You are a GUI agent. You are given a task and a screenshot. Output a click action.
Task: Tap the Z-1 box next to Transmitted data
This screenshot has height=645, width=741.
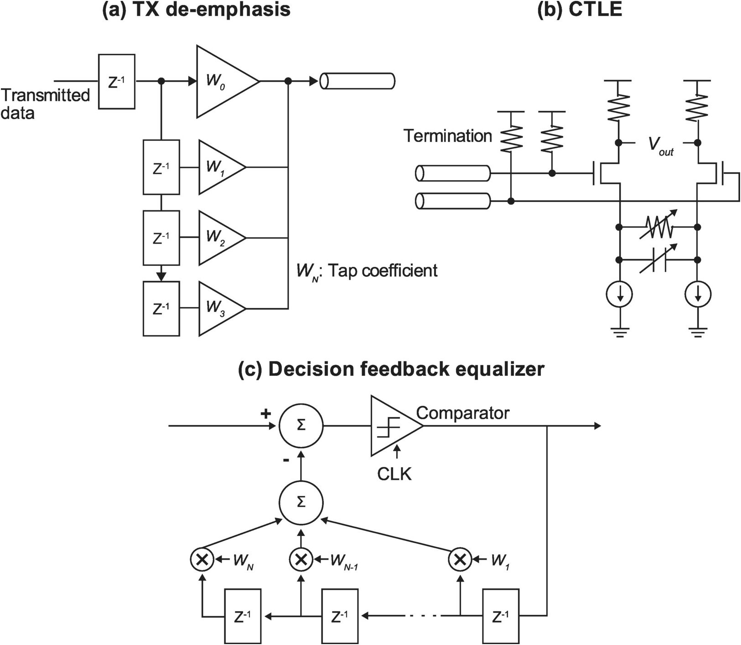(117, 82)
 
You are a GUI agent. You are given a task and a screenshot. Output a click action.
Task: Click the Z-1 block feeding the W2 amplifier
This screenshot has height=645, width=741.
(161, 238)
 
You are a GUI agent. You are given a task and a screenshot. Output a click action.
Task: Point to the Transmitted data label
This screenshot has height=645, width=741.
(44, 104)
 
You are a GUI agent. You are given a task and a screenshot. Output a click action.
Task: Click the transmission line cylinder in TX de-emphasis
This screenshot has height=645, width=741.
(357, 81)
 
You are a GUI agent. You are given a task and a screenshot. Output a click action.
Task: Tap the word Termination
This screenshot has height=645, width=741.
(447, 136)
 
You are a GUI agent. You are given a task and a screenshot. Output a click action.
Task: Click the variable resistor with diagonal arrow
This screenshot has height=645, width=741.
(658, 227)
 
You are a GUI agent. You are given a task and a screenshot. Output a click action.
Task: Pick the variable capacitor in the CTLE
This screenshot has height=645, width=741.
(658, 260)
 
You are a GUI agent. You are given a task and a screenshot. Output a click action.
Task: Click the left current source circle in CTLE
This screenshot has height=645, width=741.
(619, 294)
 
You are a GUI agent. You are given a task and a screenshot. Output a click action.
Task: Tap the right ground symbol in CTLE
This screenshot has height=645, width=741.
(697, 333)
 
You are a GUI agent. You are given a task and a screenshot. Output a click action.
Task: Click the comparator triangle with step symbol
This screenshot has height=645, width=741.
(393, 426)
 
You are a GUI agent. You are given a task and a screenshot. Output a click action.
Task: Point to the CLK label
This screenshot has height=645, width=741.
(394, 474)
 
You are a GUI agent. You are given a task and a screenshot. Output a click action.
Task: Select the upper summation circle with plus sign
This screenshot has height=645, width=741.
(301, 426)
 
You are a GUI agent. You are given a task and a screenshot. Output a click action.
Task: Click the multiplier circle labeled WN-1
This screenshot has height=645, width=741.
(301, 559)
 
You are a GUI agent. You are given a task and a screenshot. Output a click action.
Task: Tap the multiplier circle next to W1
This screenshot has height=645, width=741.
(460, 559)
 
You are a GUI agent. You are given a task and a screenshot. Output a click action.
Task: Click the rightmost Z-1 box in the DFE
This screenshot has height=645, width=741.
(500, 616)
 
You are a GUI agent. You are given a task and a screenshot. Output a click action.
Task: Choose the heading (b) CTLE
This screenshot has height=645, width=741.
(580, 10)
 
